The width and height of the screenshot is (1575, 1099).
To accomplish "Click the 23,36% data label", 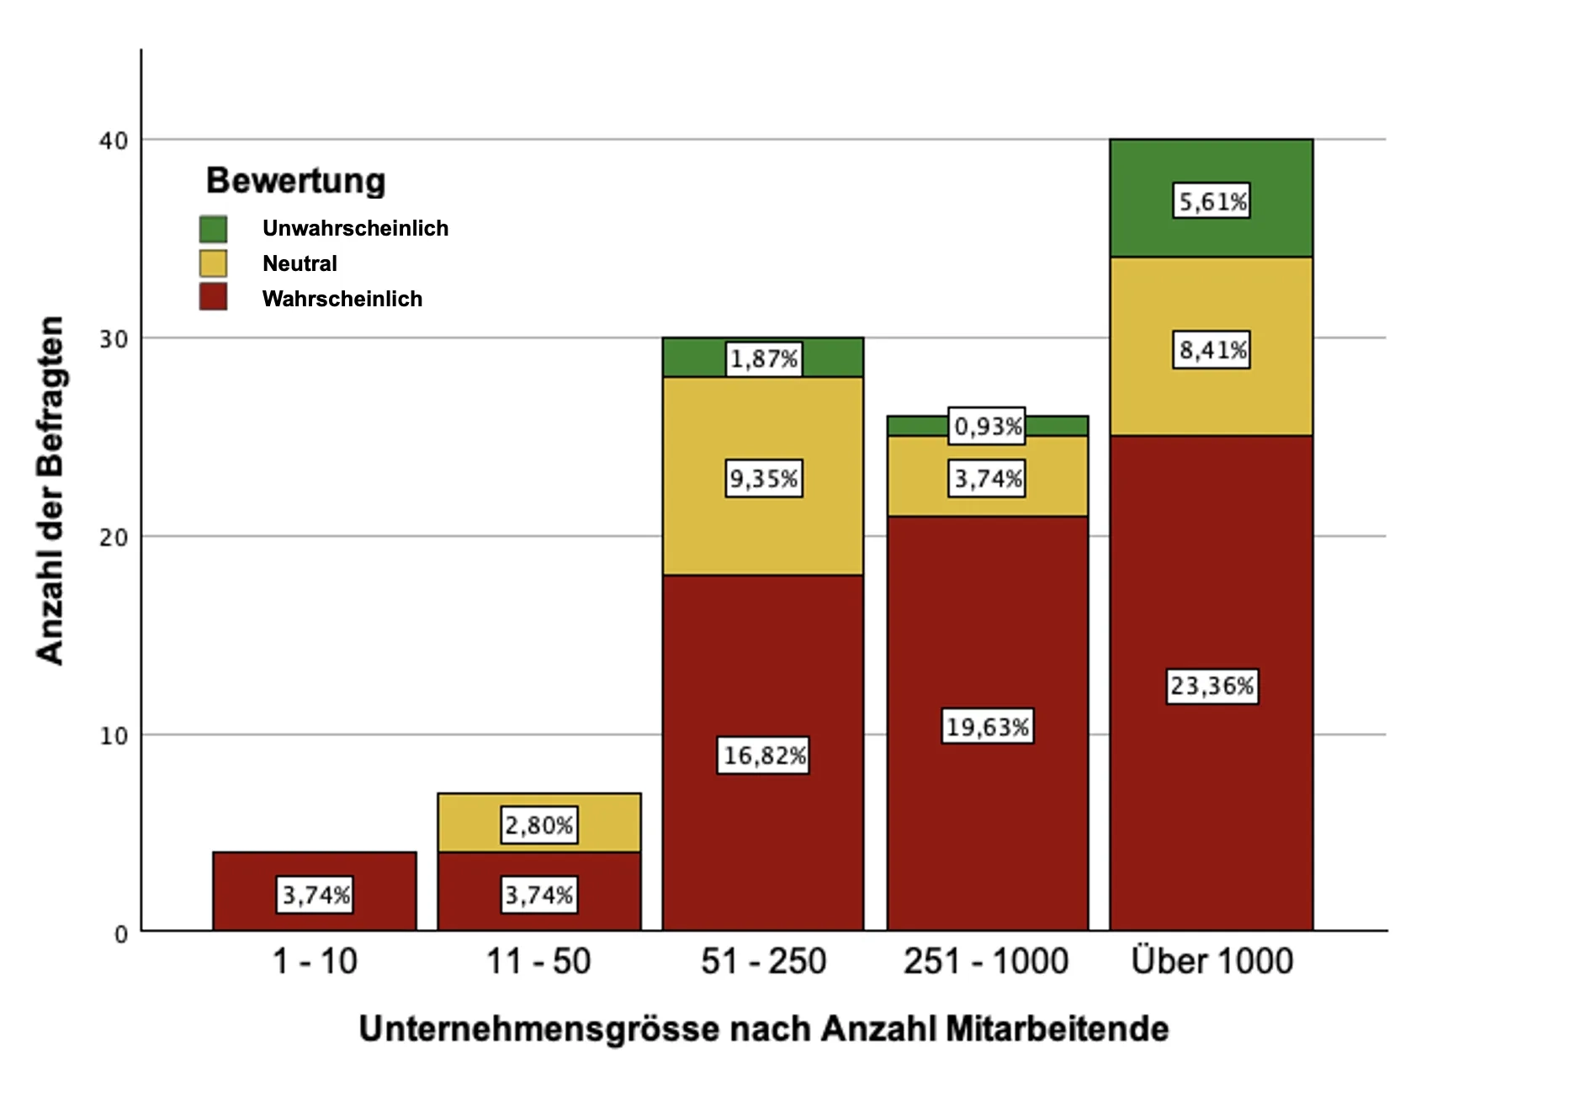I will tap(1212, 686).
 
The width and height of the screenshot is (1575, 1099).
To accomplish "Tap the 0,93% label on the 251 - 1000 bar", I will tap(987, 426).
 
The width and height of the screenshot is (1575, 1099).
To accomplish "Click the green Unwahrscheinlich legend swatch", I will tap(213, 229).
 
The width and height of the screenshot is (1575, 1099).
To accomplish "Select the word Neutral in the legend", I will tap(300, 263).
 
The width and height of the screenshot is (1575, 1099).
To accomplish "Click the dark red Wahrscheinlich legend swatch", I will tap(213, 297).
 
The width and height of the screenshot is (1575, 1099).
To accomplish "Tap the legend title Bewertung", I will tap(295, 181).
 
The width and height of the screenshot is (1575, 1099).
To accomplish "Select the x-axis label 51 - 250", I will tap(763, 961).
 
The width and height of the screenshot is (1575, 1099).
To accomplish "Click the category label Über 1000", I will tap(1212, 961).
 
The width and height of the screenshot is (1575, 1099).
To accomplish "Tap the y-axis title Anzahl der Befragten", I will tap(50, 491).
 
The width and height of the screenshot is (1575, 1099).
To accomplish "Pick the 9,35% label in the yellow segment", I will tap(763, 479).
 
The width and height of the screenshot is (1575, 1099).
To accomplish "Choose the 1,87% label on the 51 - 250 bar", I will tap(763, 359).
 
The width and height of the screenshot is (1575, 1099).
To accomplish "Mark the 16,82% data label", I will tap(764, 756).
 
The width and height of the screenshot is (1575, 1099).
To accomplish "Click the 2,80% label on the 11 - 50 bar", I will tap(538, 825).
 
